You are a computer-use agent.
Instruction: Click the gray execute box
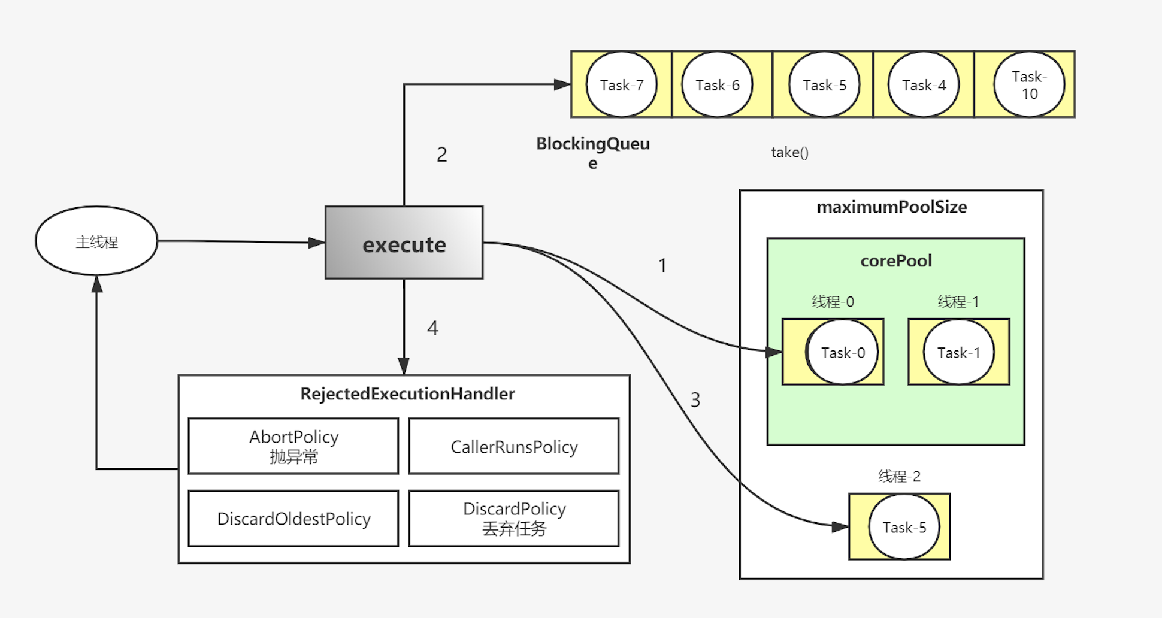coord(404,243)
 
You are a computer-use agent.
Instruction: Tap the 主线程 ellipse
coord(96,241)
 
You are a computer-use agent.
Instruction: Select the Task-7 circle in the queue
coord(621,85)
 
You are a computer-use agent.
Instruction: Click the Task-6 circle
coord(717,85)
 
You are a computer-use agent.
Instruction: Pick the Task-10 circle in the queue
coord(1029,85)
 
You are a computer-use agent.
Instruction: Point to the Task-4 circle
coord(924,85)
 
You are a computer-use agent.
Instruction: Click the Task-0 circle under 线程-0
coord(842,352)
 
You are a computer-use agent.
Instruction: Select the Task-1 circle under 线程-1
coord(958,352)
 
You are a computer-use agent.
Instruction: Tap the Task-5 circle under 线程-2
coord(904,527)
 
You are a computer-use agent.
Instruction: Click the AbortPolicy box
coord(293,446)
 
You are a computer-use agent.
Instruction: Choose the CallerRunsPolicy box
coord(514,446)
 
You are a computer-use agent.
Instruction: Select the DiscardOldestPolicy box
coord(293,519)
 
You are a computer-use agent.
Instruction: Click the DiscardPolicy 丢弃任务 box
coord(514,519)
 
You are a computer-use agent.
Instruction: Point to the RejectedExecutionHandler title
coord(407,394)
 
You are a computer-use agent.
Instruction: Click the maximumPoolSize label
coord(891,207)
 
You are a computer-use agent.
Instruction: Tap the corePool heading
coord(896,261)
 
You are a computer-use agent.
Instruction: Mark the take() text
coord(789,152)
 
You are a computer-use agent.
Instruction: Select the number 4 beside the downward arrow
coord(432,328)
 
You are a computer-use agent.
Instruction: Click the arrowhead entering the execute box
coord(317,243)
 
